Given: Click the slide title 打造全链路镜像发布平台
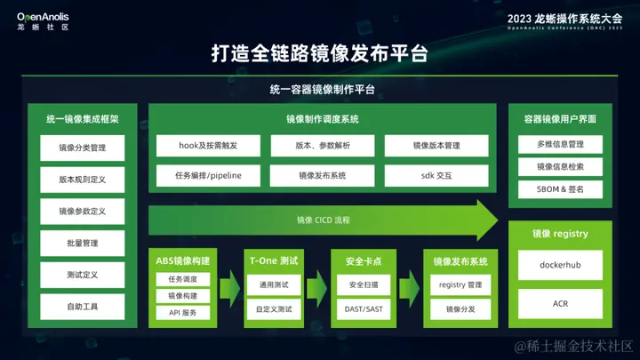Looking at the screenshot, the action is pos(320,53).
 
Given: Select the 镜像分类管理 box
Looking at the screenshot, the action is pos(83,148).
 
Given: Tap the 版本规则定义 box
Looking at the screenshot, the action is pos(83,180).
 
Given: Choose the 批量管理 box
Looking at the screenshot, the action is pos(83,243).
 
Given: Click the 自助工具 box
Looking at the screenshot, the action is pos(83,307).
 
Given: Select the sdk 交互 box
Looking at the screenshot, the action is pos(436,176).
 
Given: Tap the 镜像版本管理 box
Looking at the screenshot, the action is pos(436,145).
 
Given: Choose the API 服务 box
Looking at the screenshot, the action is pos(183,312).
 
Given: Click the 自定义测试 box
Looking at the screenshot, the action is pos(275,309).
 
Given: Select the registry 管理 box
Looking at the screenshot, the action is pos(460,284).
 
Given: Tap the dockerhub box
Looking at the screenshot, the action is pos(560,265).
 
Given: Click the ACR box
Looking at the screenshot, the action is pos(560,304).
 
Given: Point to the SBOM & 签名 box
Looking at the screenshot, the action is pos(560,189).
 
